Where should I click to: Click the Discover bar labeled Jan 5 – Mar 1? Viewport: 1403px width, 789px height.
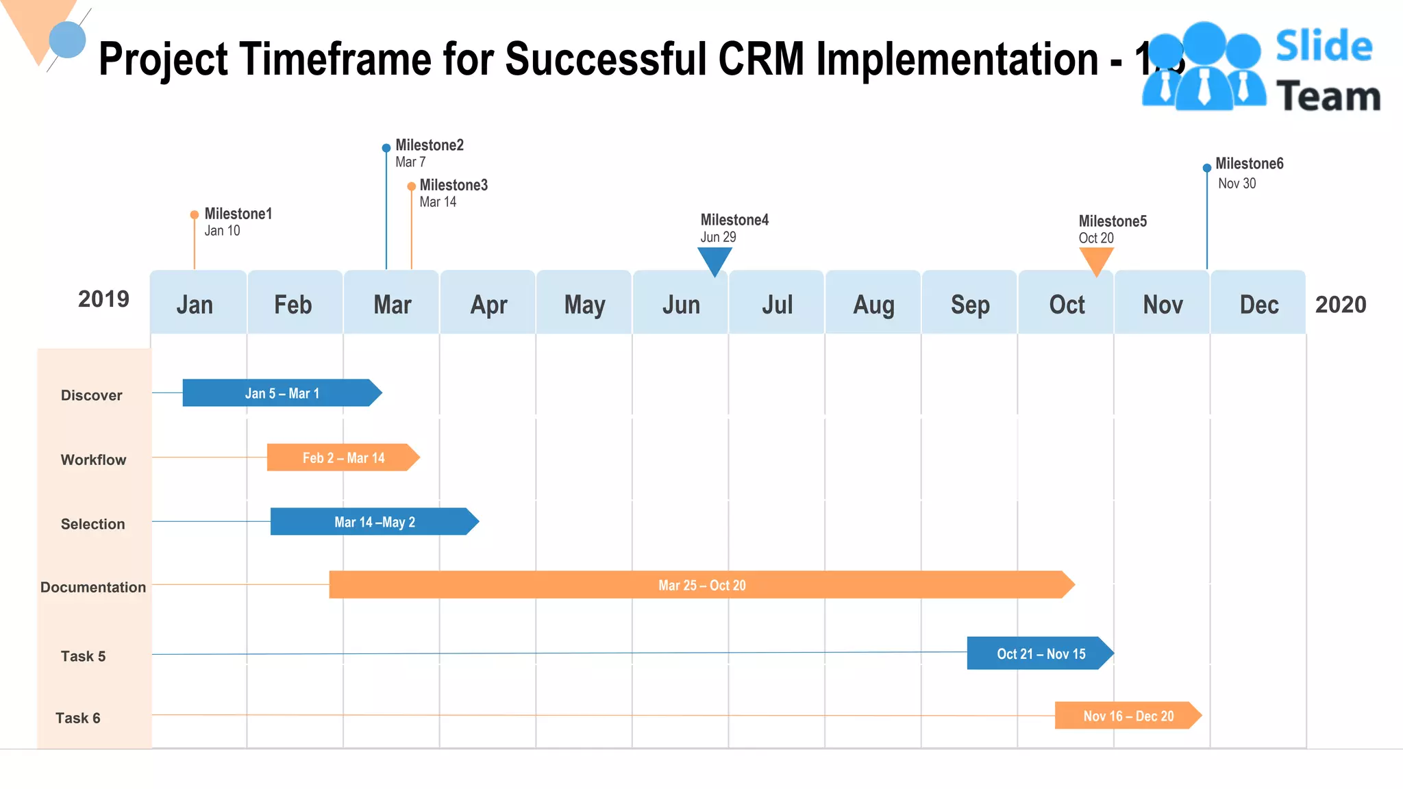pos(282,393)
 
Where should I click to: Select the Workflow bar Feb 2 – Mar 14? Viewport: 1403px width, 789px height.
pos(343,458)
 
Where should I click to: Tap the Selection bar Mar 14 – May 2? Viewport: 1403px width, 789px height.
pos(374,522)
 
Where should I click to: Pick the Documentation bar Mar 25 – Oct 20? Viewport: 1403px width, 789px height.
pos(701,585)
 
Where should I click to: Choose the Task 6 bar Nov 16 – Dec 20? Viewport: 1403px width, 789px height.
pos(1128,716)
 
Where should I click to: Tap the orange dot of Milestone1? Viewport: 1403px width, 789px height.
pos(195,214)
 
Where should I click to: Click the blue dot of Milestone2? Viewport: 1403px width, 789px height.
pos(386,148)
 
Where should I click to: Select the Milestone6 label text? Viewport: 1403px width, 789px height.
pos(1249,164)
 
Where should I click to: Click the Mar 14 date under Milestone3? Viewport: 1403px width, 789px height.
pos(438,202)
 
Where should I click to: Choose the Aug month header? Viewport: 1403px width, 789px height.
pos(873,305)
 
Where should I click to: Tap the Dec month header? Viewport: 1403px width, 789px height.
pos(1258,305)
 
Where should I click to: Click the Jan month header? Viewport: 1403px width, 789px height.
pos(195,305)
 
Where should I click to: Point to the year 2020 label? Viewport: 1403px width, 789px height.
pos(1341,304)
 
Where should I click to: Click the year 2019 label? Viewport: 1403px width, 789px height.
pos(103,299)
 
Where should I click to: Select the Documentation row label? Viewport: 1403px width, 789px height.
pos(93,587)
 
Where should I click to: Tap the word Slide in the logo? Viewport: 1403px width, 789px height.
pos(1324,47)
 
